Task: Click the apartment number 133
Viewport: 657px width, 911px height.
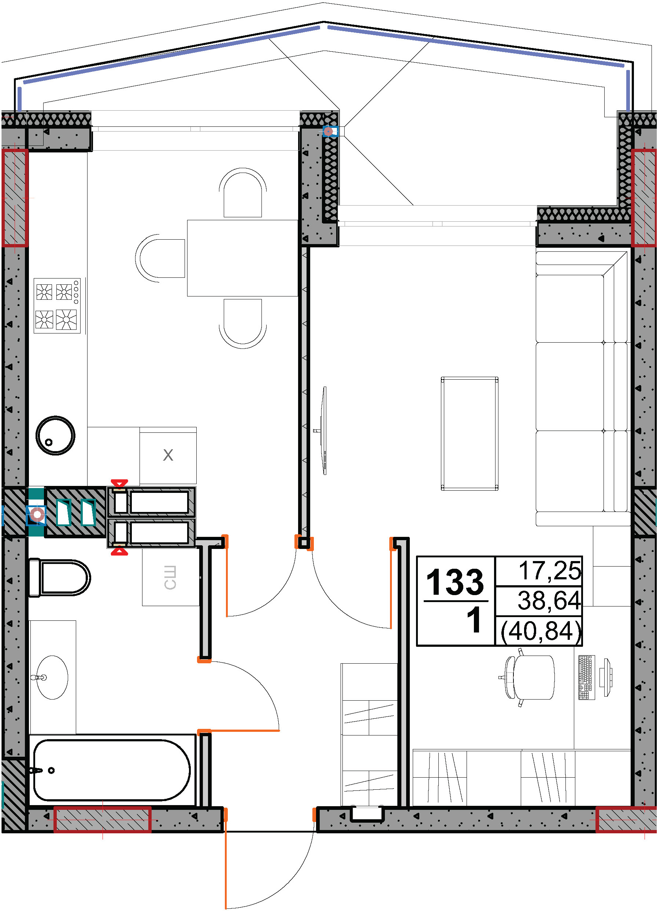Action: tap(455, 582)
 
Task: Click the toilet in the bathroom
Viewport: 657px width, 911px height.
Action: tap(59, 578)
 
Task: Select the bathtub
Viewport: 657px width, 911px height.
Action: tap(112, 770)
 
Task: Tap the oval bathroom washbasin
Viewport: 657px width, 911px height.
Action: tap(52, 678)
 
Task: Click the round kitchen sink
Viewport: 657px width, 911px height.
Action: tap(55, 435)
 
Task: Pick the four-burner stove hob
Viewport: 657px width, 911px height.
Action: tap(57, 306)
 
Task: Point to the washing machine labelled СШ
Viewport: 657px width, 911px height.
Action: tap(171, 577)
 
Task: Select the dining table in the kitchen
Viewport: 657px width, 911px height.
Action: tap(243, 258)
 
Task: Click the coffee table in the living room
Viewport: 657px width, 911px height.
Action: tap(469, 434)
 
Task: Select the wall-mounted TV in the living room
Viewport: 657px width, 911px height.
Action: tap(323, 431)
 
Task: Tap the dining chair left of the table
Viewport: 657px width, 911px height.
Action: tap(160, 258)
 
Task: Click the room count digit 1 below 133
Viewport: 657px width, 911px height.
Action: tap(474, 620)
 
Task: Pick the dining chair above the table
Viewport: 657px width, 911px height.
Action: tap(243, 193)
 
